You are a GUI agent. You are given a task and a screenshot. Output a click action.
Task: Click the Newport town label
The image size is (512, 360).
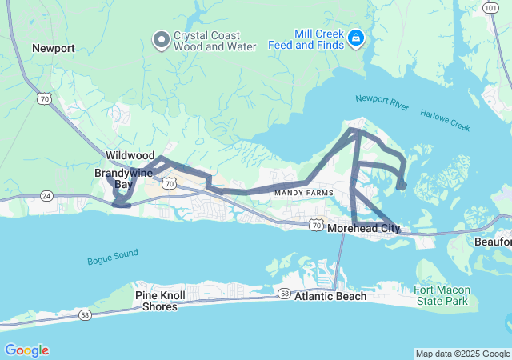click(x=54, y=48)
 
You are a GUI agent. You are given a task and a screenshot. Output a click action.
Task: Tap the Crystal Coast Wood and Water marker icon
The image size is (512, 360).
click(x=161, y=39)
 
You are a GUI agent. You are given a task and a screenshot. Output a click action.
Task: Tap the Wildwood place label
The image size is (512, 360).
click(x=130, y=154)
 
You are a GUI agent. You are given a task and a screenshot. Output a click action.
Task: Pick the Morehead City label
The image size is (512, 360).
click(x=364, y=229)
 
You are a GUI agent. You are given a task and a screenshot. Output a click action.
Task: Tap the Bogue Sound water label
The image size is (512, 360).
click(x=113, y=258)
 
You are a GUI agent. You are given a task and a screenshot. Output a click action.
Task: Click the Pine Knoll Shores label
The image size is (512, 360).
click(x=161, y=301)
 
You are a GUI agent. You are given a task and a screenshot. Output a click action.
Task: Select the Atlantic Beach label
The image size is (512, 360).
click(x=330, y=296)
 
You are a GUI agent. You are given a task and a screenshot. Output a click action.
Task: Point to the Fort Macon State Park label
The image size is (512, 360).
click(x=441, y=296)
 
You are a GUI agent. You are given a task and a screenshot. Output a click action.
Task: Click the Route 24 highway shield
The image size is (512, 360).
click(x=46, y=196)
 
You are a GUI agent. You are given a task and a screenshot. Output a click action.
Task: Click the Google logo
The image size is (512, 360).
click(x=26, y=350)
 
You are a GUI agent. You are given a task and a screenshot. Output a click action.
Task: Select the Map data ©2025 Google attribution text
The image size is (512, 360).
click(x=462, y=354)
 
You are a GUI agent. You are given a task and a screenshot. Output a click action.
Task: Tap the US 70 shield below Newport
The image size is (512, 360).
click(x=44, y=98)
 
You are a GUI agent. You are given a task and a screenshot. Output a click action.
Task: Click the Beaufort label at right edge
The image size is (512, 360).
click(x=494, y=241)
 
